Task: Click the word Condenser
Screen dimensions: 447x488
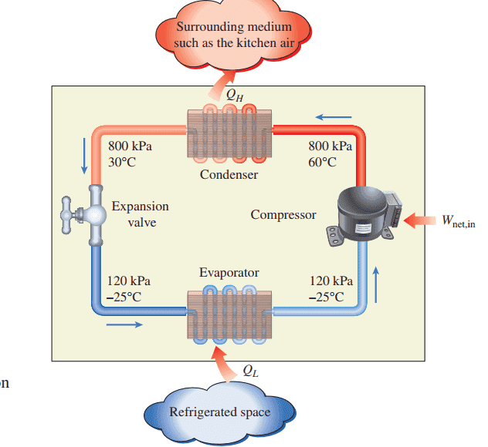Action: (x=229, y=174)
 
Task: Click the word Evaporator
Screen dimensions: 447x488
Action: (x=229, y=273)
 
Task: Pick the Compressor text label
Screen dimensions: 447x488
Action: (x=283, y=214)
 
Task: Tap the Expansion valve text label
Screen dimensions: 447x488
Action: (x=140, y=214)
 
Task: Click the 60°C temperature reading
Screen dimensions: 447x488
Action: (x=323, y=162)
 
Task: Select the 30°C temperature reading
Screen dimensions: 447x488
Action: (x=122, y=162)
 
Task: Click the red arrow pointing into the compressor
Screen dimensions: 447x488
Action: (x=418, y=220)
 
